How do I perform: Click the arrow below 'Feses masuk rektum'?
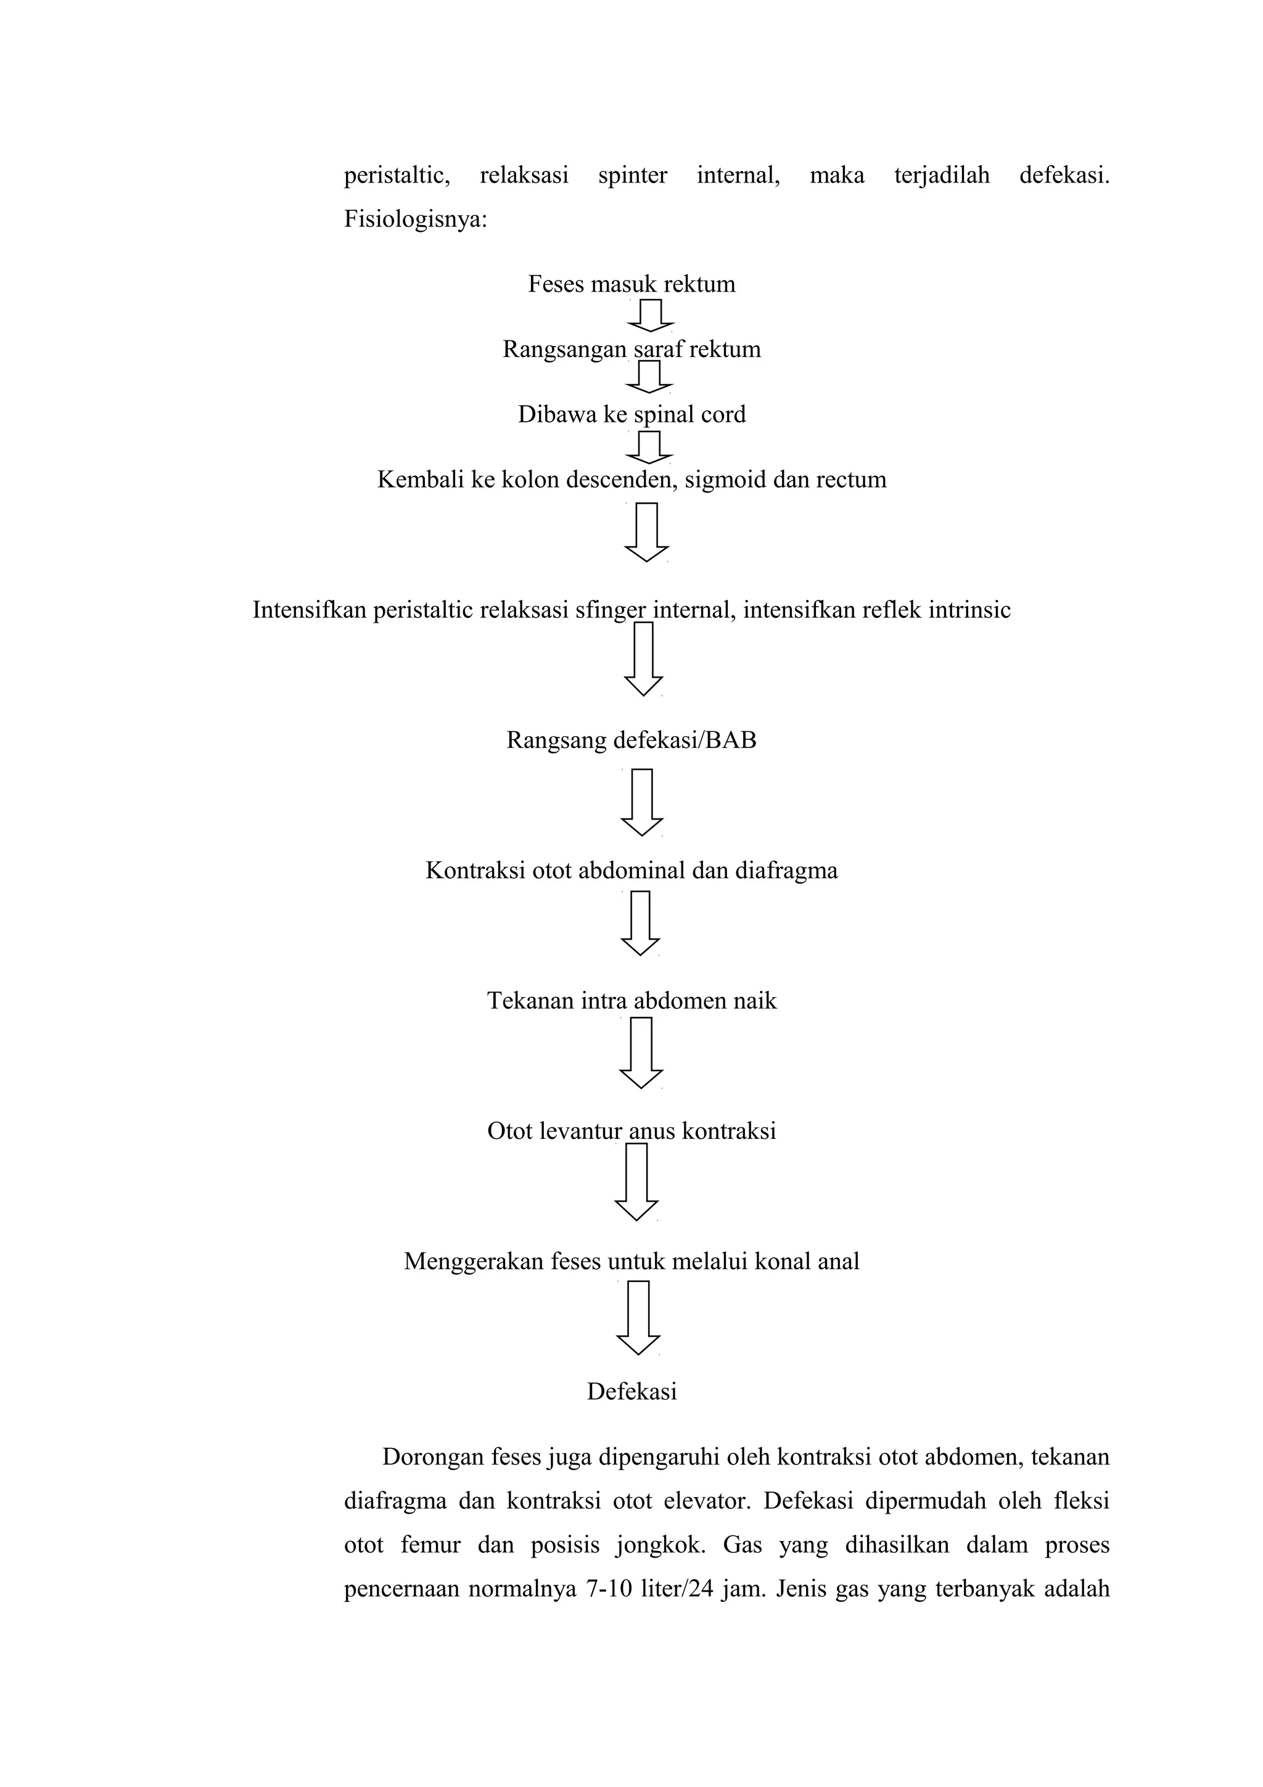pos(650,315)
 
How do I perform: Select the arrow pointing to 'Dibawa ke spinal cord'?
pos(649,377)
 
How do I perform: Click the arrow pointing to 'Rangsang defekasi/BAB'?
pos(644,659)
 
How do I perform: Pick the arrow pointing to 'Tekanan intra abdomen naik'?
pos(641,923)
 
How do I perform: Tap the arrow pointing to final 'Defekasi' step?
pos(638,1318)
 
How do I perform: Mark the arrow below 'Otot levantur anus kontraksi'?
pos(636,1181)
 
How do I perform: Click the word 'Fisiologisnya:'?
pos(416,220)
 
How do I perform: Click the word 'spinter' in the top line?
pos(633,176)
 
